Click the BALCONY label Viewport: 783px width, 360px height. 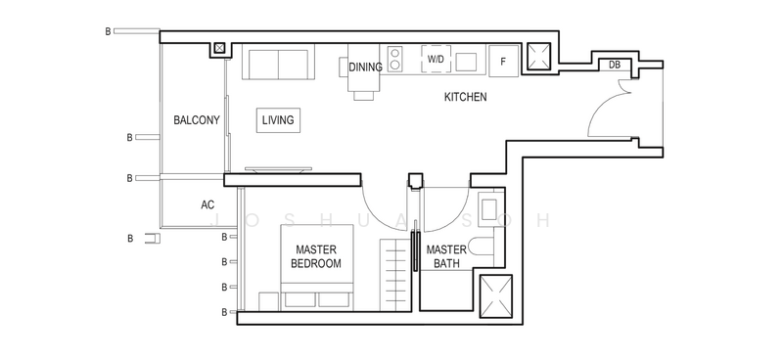[x=197, y=120]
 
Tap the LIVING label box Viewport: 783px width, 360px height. [x=278, y=120]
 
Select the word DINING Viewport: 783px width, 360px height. [x=365, y=67]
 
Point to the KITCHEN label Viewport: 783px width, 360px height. [x=466, y=97]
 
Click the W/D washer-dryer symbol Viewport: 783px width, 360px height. [x=436, y=59]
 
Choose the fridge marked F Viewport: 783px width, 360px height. [x=503, y=62]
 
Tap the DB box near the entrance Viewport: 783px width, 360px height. [x=615, y=65]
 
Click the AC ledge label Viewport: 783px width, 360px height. [x=207, y=204]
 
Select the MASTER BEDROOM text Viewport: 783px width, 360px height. [x=316, y=256]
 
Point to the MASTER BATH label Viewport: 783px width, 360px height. [x=446, y=256]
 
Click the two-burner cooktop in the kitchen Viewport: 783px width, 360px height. [x=394, y=59]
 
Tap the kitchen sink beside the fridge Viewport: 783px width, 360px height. [x=466, y=62]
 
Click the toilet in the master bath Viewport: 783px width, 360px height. [x=482, y=247]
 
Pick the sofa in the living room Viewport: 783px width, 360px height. [x=278, y=62]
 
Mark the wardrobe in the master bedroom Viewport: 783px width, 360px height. [x=395, y=275]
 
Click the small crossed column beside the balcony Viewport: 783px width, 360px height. [x=219, y=49]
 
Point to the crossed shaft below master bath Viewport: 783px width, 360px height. [x=496, y=296]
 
